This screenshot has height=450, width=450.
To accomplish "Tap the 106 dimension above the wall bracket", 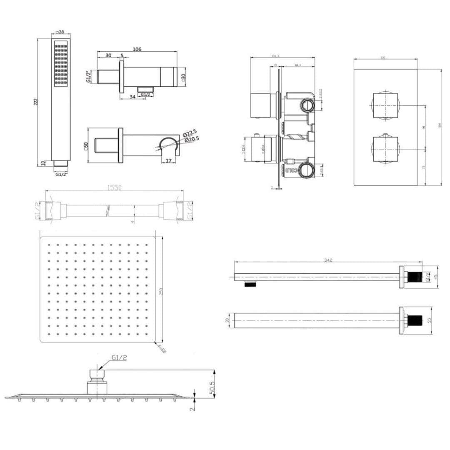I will tap(137, 49).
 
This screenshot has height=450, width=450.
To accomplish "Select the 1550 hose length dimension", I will tap(114, 188).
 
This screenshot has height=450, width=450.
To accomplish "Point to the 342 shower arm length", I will tap(328, 260).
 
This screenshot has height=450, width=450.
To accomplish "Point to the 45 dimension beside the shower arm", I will tap(436, 277).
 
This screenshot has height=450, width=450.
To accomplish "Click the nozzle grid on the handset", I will tap(61, 63).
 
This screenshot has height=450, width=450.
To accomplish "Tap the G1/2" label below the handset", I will tap(61, 175).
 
